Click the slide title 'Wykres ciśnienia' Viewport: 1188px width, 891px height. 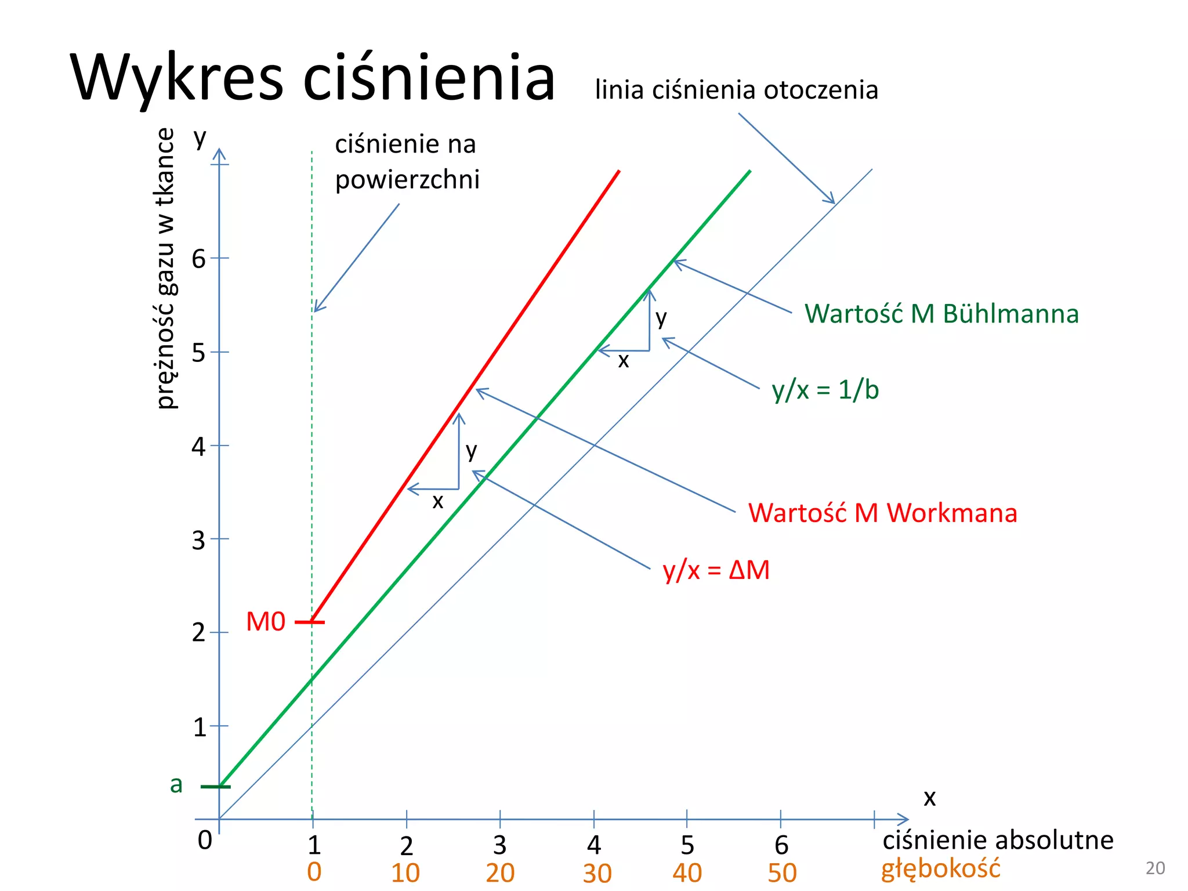tap(313, 78)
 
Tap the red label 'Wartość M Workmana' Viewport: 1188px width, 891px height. tap(882, 513)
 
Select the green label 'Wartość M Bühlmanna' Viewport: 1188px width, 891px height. tap(941, 314)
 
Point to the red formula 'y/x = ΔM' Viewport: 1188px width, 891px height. tap(716, 570)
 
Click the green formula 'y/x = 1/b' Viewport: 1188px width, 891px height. tap(825, 390)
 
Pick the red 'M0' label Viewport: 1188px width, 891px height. tap(266, 622)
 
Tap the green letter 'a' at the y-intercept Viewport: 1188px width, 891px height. tap(176, 784)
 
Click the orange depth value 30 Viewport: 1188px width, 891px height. tap(597, 873)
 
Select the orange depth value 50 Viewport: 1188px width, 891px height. tap(782, 873)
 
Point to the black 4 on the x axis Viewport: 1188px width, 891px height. tap(594, 846)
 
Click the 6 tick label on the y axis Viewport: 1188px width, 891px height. tap(198, 259)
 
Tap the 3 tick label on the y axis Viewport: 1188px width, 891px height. tap(198, 540)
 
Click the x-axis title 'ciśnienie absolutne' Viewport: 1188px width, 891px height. tap(998, 840)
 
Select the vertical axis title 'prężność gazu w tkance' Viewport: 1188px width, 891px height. tap(166, 269)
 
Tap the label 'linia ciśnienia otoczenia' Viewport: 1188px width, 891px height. tap(736, 90)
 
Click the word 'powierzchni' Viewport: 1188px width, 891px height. tap(407, 180)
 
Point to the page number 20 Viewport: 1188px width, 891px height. tap(1155, 868)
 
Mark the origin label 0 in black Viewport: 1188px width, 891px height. tap(205, 840)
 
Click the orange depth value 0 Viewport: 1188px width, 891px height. tap(314, 872)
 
